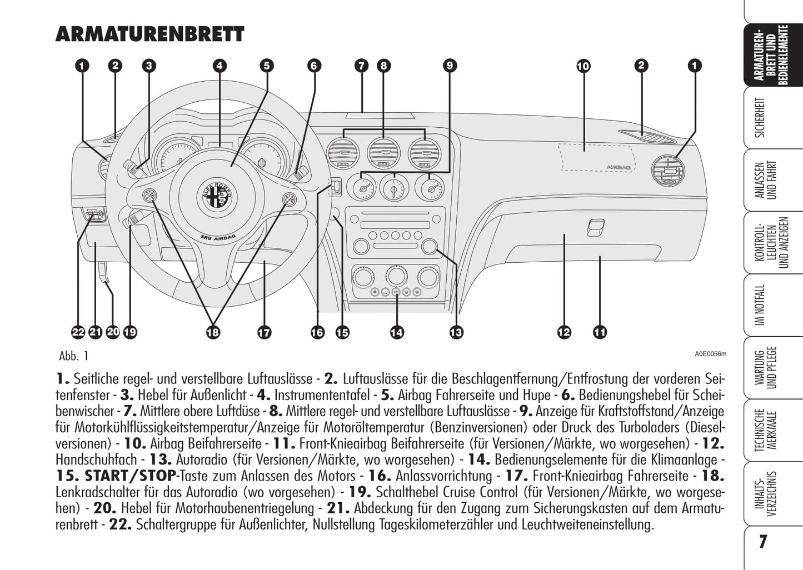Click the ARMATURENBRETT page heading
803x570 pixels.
[149, 34]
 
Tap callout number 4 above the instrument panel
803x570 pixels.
[220, 66]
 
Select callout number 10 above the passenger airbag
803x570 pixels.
[583, 67]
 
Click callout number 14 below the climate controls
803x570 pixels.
[397, 333]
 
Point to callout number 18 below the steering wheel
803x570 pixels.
[213, 333]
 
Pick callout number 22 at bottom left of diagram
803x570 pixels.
[78, 333]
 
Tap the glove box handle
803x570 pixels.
[595, 227]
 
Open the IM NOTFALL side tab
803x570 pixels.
[761, 305]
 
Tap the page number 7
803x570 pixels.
[764, 542]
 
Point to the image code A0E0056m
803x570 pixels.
[710, 354]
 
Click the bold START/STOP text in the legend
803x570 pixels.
[130, 476]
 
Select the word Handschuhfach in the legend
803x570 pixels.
[96, 460]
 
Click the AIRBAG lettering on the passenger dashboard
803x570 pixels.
[618, 166]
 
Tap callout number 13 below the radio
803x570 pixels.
[456, 333]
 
